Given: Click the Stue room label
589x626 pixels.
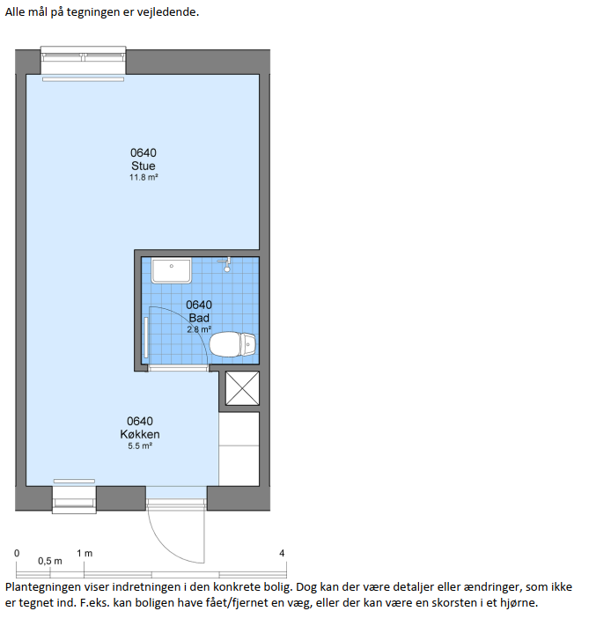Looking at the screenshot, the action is coord(144,166).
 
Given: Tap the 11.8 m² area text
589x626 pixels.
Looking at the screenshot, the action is coord(144,177).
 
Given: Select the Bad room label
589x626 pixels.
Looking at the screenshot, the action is coord(199,318).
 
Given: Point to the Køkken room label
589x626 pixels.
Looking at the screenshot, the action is coord(140,434).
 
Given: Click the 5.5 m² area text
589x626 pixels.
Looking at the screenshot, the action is coord(140,446).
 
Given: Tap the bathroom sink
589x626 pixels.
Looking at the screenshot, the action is coord(172,270).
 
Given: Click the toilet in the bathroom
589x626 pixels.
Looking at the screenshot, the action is coord(232,344).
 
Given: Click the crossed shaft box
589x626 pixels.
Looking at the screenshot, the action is coord(242,388).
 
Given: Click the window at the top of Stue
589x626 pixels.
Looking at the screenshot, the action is coord(83,61).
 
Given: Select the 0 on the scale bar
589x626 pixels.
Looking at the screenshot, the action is coord(17,553).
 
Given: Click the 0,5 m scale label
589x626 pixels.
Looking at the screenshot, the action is coord(50,561).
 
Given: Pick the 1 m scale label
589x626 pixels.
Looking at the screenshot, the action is coord(85,553).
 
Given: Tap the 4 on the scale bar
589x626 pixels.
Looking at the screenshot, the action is coord(282,553).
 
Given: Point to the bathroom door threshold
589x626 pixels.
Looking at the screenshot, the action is coord(178,368).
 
